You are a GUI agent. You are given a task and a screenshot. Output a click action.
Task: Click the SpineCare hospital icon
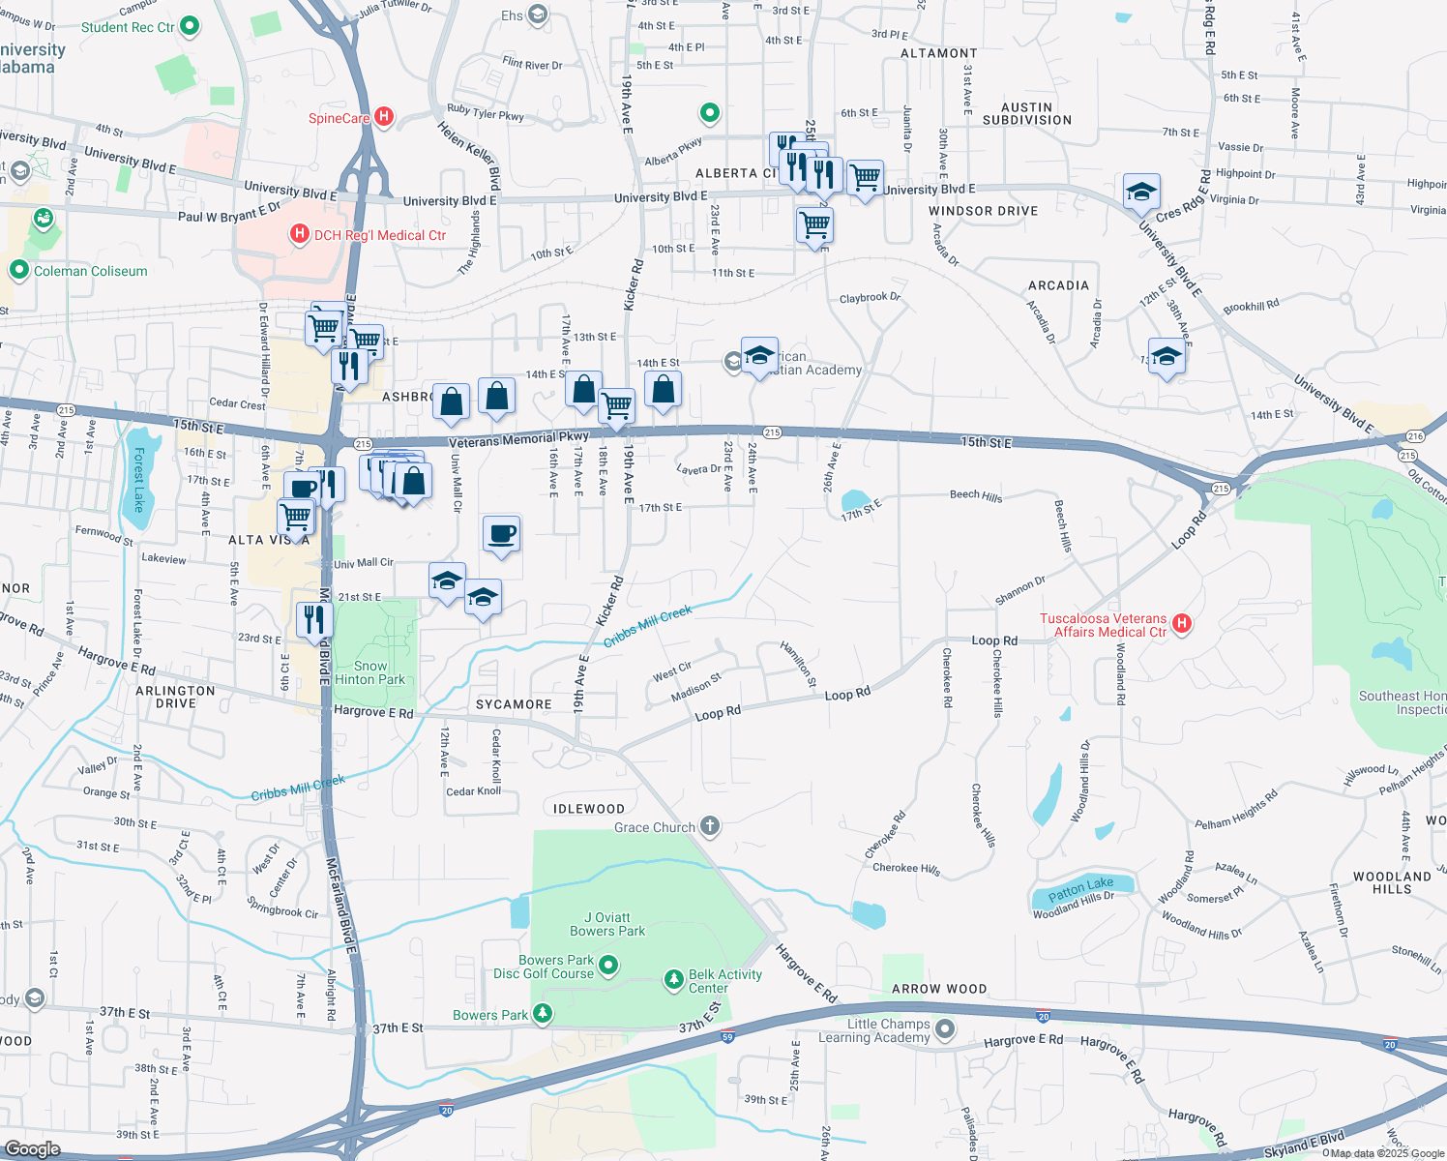click(384, 117)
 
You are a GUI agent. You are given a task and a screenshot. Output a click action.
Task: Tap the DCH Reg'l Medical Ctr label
click(379, 235)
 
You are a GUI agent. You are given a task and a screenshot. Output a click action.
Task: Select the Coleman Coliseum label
click(90, 271)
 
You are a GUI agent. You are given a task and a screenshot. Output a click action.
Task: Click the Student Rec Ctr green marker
click(190, 26)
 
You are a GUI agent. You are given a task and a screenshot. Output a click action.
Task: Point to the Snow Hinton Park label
click(369, 672)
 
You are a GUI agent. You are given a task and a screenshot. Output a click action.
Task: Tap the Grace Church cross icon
click(710, 826)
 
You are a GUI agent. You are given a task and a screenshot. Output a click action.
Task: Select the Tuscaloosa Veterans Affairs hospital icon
click(1181, 624)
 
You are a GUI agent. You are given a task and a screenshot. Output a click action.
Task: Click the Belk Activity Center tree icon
click(674, 980)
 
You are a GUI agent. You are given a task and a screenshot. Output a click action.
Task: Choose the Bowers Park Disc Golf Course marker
click(608, 966)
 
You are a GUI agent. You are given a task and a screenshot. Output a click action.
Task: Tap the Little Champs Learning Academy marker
click(945, 1029)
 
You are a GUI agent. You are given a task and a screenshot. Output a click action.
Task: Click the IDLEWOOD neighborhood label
click(589, 809)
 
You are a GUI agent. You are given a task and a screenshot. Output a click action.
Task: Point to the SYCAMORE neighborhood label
click(514, 704)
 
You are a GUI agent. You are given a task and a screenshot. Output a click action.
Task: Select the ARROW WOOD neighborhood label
click(938, 989)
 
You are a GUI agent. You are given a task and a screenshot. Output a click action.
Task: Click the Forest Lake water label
click(138, 479)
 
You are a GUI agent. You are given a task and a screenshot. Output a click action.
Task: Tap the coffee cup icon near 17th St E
click(502, 534)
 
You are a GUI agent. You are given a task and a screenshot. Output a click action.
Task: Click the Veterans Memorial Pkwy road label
click(518, 440)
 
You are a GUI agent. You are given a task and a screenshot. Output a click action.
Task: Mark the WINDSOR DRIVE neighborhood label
click(983, 211)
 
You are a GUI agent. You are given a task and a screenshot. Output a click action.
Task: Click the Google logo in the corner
click(32, 1149)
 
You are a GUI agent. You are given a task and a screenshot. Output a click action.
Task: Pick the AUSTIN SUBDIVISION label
click(1026, 114)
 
